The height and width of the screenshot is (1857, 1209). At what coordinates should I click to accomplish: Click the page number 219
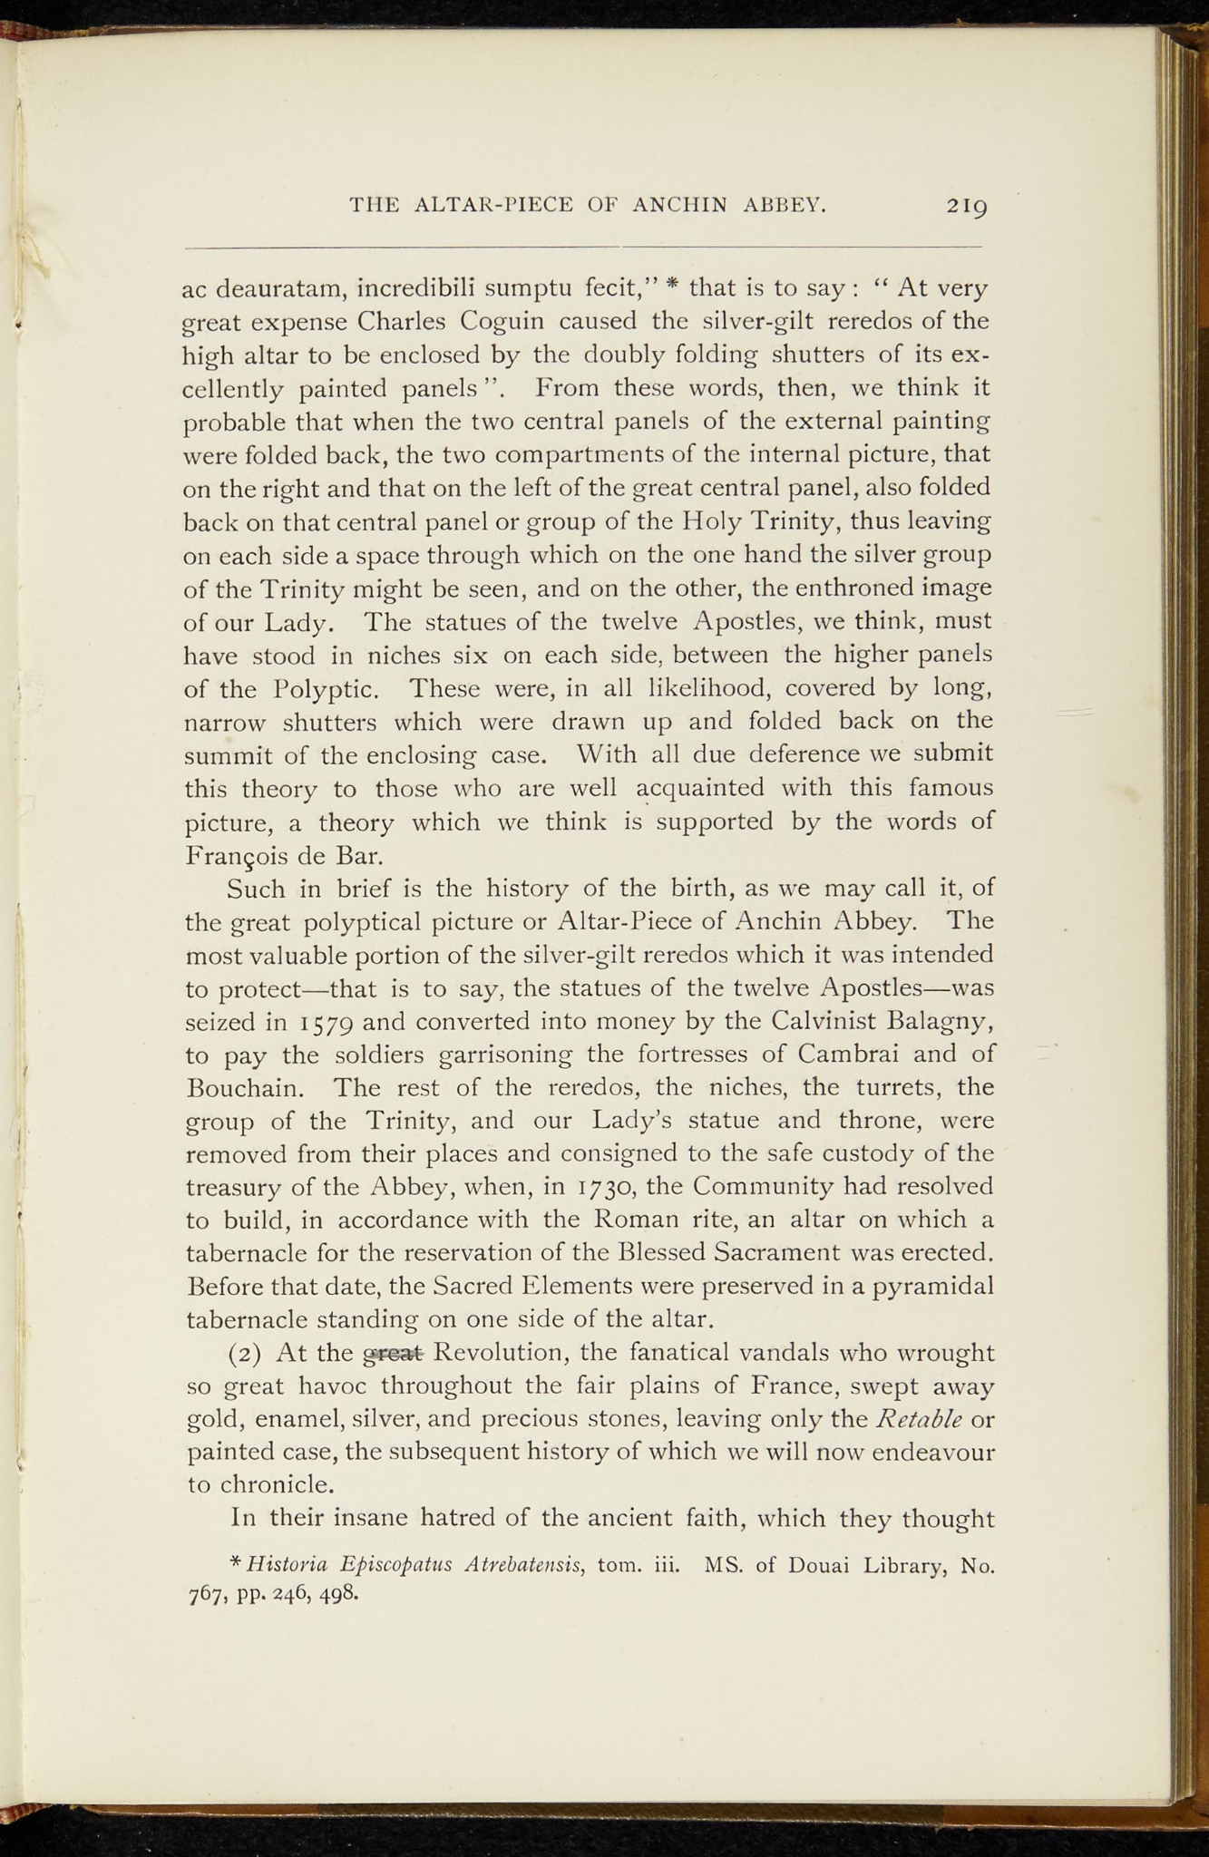click(967, 207)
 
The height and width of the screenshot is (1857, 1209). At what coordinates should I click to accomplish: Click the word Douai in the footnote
click(819, 1565)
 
